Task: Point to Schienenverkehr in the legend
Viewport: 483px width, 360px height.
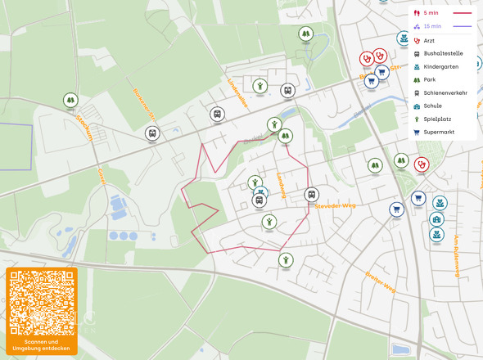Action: click(x=445, y=92)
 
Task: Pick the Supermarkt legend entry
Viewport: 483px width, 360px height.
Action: click(x=440, y=132)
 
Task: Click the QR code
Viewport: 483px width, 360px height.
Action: click(x=42, y=302)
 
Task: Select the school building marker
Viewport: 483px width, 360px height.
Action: click(x=437, y=220)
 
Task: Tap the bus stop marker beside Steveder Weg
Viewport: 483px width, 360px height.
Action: click(x=311, y=194)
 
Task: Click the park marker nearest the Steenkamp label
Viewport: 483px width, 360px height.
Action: click(x=70, y=100)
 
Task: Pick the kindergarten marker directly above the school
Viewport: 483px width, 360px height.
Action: click(x=440, y=201)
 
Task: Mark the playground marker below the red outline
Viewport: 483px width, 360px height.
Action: click(x=286, y=260)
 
